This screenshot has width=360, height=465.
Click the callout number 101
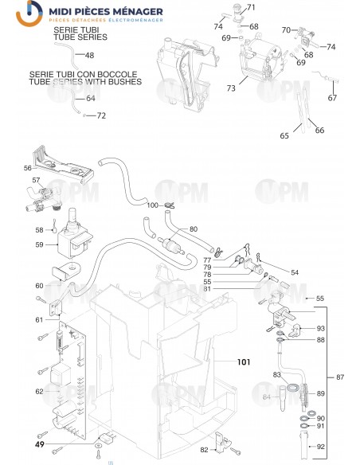click(x=243, y=361)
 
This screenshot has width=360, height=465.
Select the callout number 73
click(x=232, y=88)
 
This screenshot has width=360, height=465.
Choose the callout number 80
click(x=193, y=230)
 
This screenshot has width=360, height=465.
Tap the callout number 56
click(x=28, y=168)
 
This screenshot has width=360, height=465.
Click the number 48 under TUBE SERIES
click(x=89, y=55)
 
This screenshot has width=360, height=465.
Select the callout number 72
click(x=101, y=115)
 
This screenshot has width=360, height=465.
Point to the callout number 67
click(x=332, y=98)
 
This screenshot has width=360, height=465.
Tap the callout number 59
click(x=39, y=244)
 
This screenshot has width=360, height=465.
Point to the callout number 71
click(x=252, y=8)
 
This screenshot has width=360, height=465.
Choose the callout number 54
click(x=294, y=273)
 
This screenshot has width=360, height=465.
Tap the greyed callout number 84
click(x=268, y=396)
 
